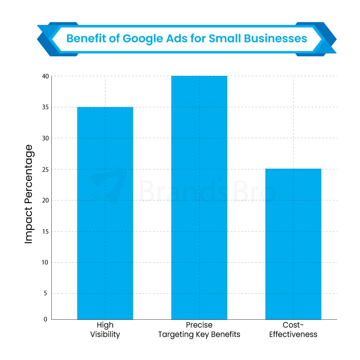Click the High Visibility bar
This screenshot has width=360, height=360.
click(105, 213)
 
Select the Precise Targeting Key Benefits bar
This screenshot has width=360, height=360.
click(199, 198)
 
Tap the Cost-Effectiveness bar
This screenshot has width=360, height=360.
click(293, 244)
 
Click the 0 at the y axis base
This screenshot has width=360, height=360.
click(45, 319)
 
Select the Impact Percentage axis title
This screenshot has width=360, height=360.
click(29, 194)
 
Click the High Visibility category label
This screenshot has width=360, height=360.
click(105, 329)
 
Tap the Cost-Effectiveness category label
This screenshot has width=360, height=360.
click(293, 329)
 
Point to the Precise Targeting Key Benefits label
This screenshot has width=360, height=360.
click(199, 329)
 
